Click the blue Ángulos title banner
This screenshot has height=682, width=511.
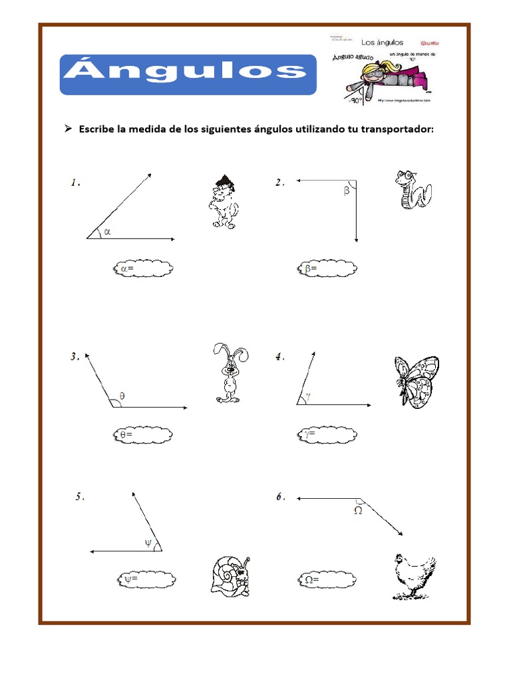188,75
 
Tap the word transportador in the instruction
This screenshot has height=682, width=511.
397,129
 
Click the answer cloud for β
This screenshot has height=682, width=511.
326,269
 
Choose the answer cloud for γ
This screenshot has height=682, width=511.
326,436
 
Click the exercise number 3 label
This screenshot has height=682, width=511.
75,357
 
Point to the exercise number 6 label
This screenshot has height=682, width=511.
280,497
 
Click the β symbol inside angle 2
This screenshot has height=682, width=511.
347,191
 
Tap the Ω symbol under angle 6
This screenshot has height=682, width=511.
357,511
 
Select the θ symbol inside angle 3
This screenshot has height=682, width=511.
122,395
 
